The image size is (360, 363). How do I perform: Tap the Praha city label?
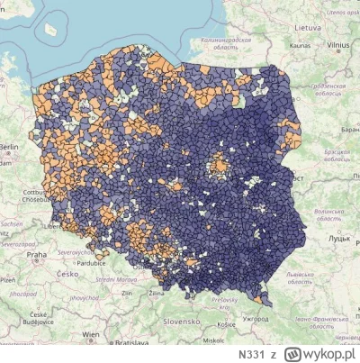click(x=36, y=255)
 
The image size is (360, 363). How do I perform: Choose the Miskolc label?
click(x=214, y=341)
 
